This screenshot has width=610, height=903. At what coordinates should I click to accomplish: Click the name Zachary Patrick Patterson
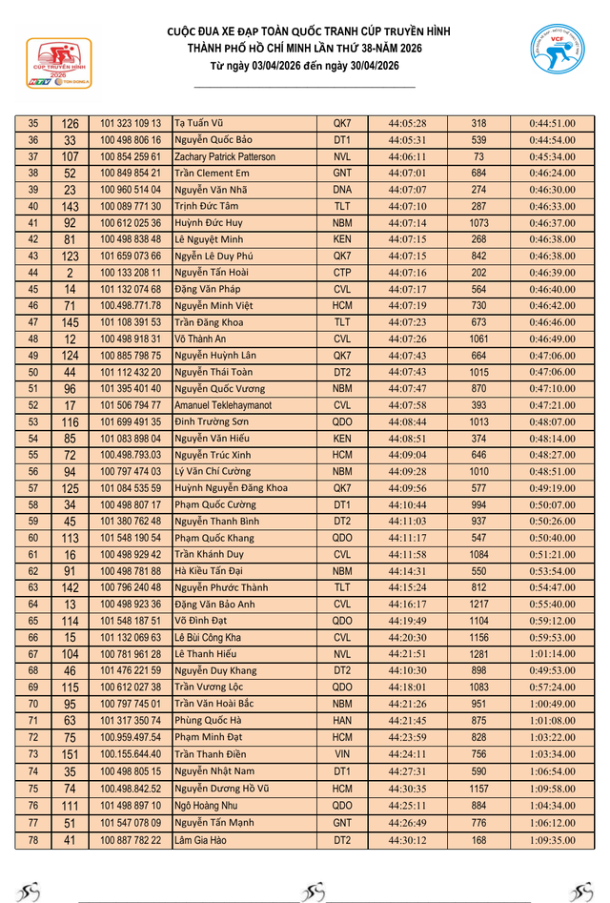coord(225,156)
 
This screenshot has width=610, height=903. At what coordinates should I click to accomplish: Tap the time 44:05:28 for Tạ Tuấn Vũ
coord(407,124)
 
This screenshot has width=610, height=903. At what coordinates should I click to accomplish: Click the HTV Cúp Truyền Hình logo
coord(59,64)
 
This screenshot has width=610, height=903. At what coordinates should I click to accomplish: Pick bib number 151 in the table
coord(70,754)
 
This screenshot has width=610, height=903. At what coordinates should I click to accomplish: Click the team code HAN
coord(342,721)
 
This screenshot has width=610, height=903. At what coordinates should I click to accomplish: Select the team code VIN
coord(342,754)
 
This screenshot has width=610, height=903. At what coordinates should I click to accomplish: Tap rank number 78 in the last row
coord(33,840)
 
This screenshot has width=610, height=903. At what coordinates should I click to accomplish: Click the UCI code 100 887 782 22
coord(131,840)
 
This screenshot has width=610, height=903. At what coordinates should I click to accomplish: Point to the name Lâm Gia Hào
coord(202,840)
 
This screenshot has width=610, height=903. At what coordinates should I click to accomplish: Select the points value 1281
coord(478,654)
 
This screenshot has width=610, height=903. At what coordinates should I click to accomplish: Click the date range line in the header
coord(305,65)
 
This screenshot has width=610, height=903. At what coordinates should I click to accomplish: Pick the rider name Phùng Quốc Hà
coord(208,721)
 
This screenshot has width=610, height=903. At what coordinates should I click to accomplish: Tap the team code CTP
coord(342,273)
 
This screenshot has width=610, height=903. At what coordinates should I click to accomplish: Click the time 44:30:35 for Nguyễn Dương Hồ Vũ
coord(407,789)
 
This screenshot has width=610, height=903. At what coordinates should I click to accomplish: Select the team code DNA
coord(342,190)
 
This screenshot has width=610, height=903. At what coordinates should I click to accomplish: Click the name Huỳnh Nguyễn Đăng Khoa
coord(231,488)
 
